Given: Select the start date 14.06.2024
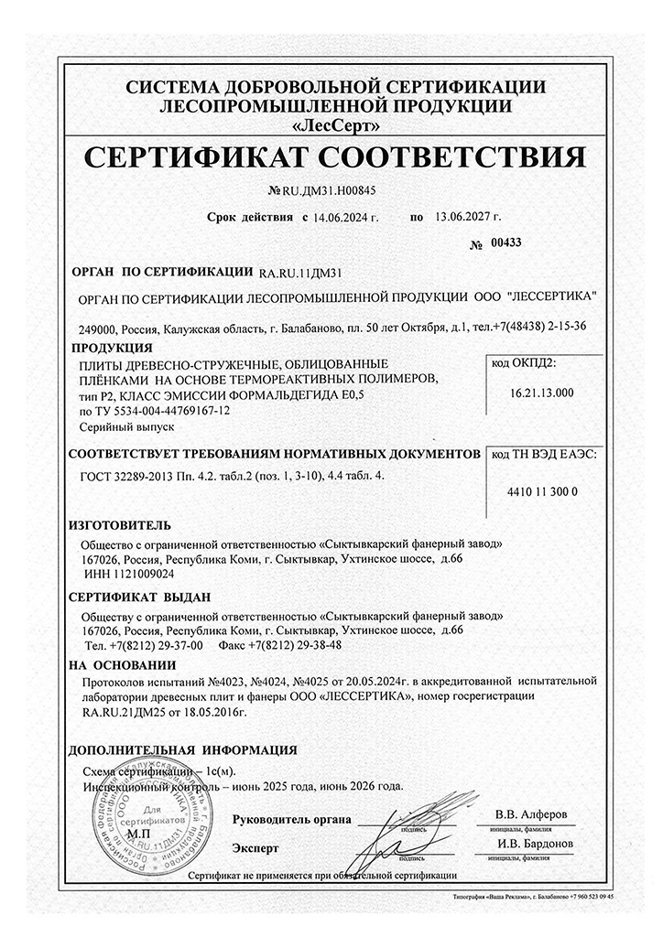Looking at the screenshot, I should pos(343,219).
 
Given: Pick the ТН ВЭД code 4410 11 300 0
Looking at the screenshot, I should pos(541,491).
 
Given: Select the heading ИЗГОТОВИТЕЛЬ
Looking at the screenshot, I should pos(121,526).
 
